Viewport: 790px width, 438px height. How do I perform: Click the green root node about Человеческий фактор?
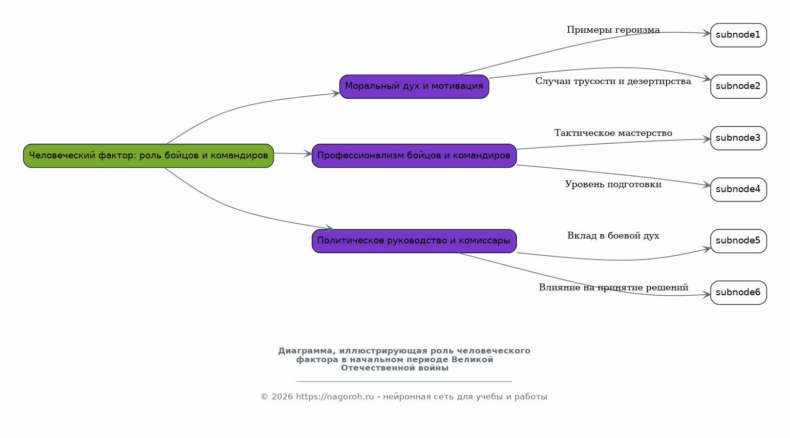[149, 155]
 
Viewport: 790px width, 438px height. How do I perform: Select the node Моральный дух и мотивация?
[414, 87]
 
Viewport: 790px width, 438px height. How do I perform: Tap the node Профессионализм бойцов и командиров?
[414, 155]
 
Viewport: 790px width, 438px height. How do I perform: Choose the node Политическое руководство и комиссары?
[414, 241]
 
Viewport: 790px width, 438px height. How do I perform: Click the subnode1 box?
[738, 35]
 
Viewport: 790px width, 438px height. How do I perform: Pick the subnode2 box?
[738, 87]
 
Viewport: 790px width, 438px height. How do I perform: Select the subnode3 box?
[738, 138]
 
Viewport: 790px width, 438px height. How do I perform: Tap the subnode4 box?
[738, 190]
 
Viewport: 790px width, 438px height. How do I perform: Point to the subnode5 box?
[738, 241]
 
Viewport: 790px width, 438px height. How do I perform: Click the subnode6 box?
[738, 292]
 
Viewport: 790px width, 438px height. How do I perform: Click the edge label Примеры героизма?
[613, 30]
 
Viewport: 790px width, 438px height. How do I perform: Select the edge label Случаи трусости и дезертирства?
[613, 82]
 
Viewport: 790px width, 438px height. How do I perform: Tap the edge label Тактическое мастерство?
[613, 133]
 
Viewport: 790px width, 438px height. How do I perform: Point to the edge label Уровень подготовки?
[613, 185]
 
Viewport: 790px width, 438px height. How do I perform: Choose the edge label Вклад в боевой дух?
[613, 236]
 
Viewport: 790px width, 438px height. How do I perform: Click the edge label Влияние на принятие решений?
[613, 288]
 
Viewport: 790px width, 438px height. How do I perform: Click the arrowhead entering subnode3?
[706, 139]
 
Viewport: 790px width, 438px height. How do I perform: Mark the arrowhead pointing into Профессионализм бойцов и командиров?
[308, 154]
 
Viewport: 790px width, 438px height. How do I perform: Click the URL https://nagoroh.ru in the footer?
[335, 397]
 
